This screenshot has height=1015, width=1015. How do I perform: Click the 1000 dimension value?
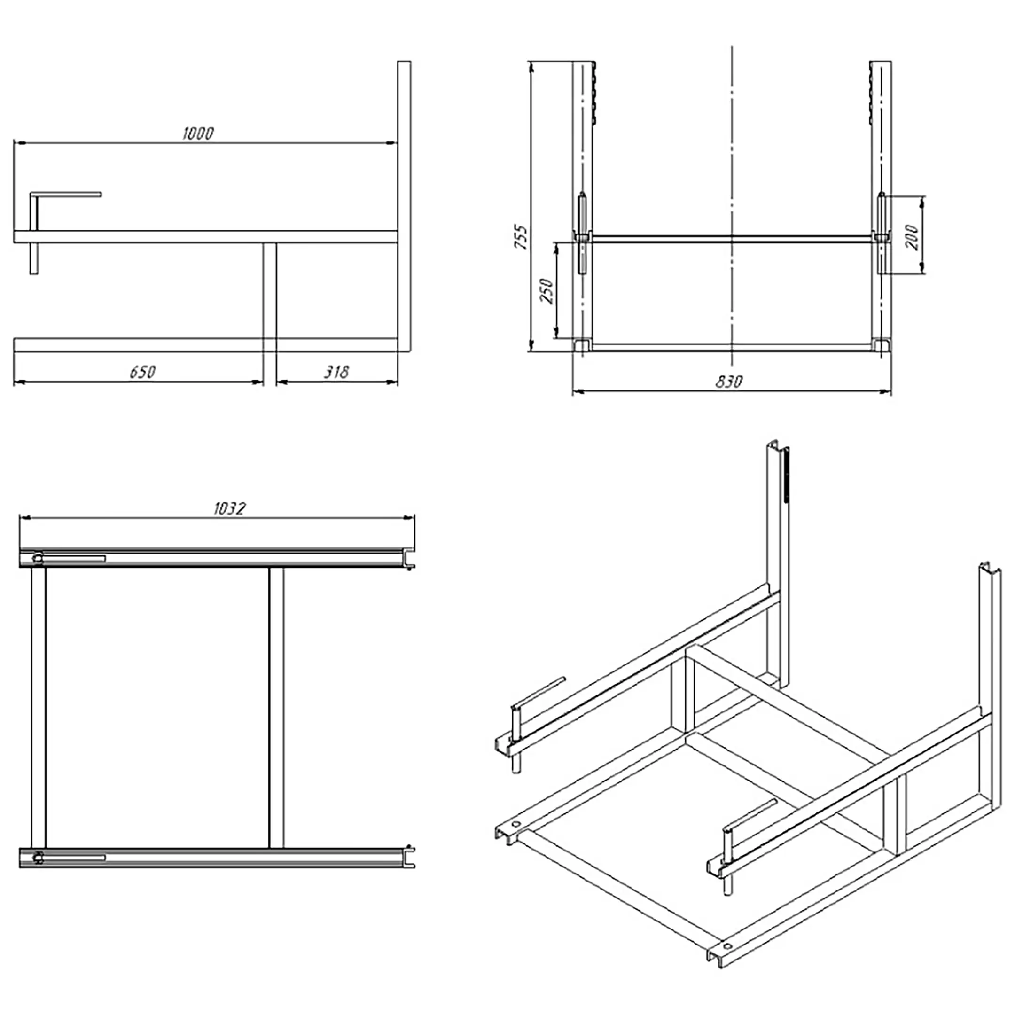point(198,133)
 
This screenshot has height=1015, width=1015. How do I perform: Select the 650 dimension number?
point(142,372)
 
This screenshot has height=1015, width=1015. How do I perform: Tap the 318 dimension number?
point(336,372)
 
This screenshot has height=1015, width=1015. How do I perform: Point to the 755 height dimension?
point(521,236)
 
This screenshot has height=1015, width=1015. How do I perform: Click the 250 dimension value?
point(547,290)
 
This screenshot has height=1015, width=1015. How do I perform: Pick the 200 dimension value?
point(912,237)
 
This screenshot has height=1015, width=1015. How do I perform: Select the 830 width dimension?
point(729,382)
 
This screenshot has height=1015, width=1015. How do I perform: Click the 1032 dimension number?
point(230,508)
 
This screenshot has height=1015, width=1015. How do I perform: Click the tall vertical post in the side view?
point(404,206)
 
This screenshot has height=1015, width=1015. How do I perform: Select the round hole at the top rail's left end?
point(38,558)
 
